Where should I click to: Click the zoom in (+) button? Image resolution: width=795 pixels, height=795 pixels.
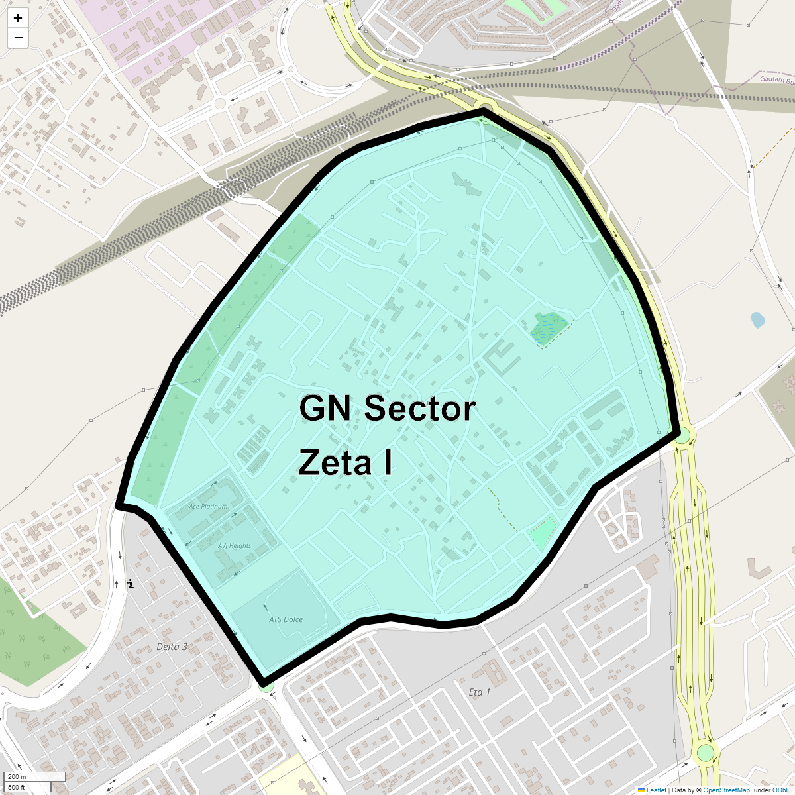point(18,18)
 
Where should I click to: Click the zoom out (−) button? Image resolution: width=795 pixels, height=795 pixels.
point(18,38)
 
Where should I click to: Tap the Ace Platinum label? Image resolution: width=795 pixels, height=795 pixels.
point(208,507)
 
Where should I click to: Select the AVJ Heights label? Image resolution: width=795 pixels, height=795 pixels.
point(235,546)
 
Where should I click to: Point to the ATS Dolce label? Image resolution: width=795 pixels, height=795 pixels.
point(286,620)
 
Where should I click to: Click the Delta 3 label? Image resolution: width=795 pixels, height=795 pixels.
point(172,647)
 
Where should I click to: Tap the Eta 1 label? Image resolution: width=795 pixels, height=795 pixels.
point(479,692)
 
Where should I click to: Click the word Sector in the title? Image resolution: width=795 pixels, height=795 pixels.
point(420,408)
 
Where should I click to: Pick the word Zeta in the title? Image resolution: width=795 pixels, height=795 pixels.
point(335,462)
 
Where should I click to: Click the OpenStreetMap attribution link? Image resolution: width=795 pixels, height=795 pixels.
point(726,790)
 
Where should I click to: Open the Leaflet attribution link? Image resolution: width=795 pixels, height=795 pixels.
point(656,790)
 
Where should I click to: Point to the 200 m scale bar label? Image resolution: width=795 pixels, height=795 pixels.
point(18,777)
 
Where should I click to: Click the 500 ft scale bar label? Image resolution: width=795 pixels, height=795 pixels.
point(17,788)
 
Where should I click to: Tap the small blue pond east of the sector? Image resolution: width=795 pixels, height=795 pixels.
point(757,321)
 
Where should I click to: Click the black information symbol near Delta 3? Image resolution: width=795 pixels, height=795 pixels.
point(131,584)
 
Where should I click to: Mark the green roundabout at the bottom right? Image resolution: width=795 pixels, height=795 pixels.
point(706,753)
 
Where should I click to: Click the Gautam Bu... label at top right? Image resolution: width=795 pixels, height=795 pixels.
point(776,80)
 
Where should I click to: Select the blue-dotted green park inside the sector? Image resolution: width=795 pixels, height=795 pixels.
point(549,327)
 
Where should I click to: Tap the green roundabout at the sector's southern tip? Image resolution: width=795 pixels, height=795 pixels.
point(266,687)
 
